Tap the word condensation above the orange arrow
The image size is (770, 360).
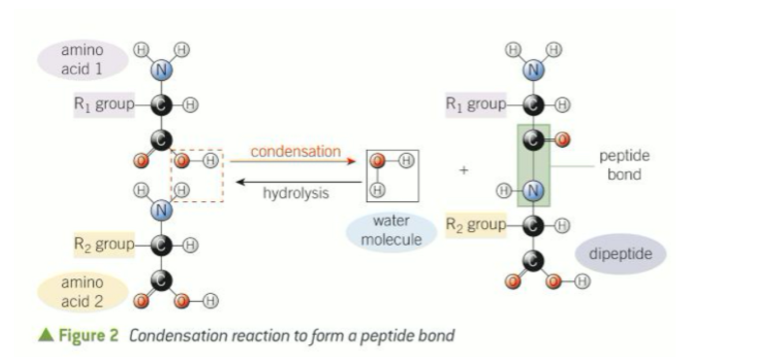296,152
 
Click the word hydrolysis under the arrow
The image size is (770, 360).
296,193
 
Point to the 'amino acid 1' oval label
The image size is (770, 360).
83,60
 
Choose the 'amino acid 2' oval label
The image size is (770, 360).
83,291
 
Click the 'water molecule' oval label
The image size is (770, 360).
391,230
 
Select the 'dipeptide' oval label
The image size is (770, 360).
621,254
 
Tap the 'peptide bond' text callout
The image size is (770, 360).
624,165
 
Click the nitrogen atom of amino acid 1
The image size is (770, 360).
161,71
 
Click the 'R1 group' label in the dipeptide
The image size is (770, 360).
475,104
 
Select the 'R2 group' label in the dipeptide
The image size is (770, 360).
475,225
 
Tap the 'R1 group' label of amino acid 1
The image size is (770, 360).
103,104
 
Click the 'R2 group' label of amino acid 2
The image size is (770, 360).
103,244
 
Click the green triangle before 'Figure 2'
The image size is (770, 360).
46,335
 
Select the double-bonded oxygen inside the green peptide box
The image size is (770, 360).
563,139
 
